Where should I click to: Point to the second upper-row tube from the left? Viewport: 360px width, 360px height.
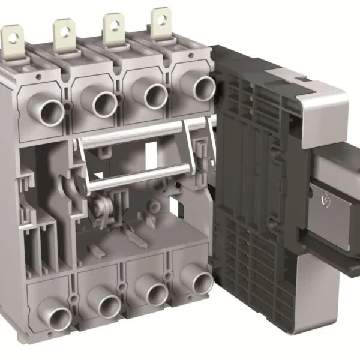pos(103,103)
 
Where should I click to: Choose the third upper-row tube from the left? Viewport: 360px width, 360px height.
pos(154,97)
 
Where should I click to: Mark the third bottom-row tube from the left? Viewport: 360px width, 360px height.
pos(156,295)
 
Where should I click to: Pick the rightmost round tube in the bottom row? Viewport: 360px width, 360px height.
pos(202,282)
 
